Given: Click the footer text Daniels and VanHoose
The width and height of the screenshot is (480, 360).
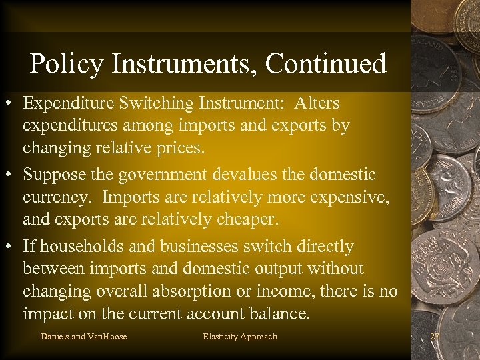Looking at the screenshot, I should click(x=83, y=336).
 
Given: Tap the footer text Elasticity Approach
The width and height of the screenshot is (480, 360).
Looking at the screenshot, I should click(x=239, y=336).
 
